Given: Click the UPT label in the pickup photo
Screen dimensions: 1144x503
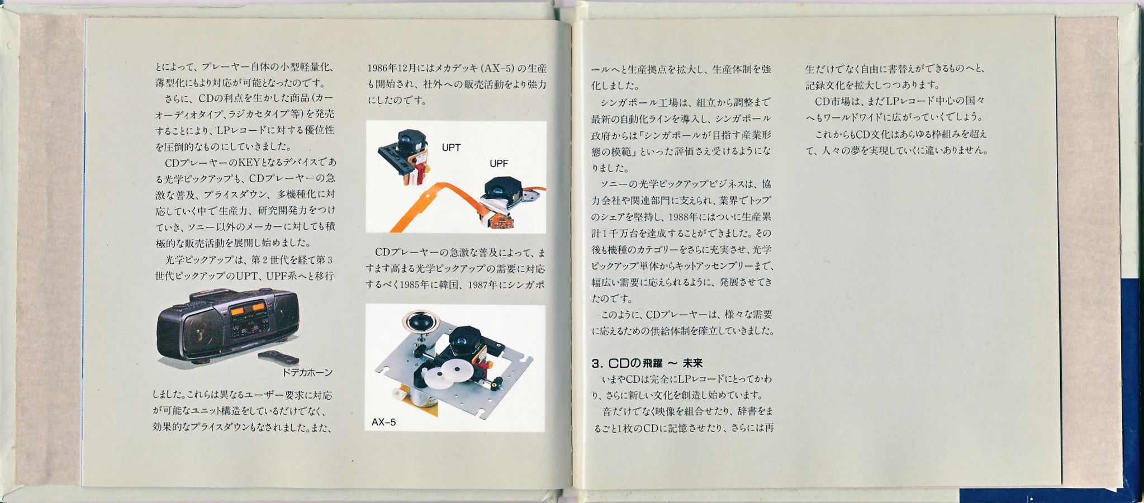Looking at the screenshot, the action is coord(451,148).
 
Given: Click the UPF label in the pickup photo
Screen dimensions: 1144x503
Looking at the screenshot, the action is coord(499,164).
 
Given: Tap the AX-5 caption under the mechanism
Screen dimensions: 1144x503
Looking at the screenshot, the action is coord(383,422).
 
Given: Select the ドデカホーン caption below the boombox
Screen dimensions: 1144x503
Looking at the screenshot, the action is coord(307,372).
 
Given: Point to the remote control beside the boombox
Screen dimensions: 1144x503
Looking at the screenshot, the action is coord(278,358).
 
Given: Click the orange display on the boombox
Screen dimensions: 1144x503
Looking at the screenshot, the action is coord(250,308).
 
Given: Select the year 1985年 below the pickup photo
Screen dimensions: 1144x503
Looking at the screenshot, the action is coord(414,284).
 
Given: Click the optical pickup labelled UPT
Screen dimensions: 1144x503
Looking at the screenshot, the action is coord(405,157).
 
